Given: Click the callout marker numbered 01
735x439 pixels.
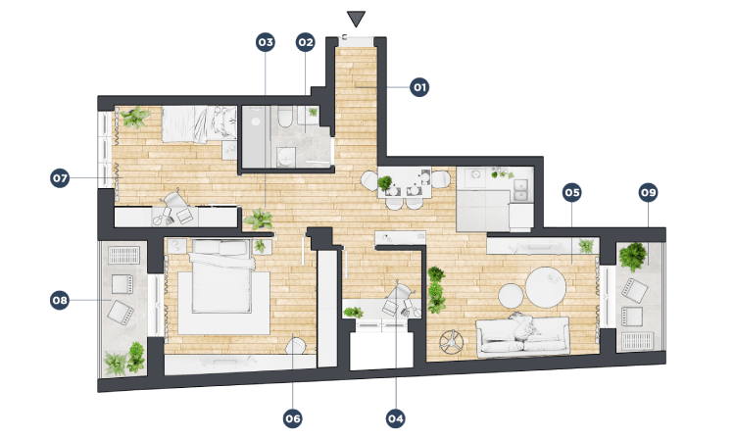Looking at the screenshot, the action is click(419, 87).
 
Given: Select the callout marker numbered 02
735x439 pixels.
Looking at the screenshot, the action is click(305, 43).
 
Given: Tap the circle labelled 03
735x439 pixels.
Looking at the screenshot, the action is click(266, 43).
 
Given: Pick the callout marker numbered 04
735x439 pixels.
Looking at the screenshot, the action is click(395, 418).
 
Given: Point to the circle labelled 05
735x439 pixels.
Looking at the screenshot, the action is click(571, 193).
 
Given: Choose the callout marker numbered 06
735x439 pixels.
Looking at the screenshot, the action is click(292, 418).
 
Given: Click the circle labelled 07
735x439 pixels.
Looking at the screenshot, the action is click(60, 178).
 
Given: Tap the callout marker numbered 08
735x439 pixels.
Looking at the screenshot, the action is click(60, 300).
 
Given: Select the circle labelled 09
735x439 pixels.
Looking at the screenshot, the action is click(649, 193).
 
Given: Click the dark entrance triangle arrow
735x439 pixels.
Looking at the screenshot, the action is click(357, 19).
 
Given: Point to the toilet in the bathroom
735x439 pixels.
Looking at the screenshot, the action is click(285, 117).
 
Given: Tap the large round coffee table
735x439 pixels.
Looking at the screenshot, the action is click(546, 287).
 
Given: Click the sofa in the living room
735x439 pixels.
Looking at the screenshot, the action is click(523, 335).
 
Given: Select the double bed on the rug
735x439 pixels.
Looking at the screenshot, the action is click(220, 276).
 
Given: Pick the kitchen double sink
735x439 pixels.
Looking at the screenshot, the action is click(520, 190).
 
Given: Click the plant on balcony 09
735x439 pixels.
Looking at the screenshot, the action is click(633, 257).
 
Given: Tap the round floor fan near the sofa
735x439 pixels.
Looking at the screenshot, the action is click(452, 342).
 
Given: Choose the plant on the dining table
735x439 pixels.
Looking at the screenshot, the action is click(385, 182).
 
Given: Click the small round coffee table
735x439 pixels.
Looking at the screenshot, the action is click(511, 296).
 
